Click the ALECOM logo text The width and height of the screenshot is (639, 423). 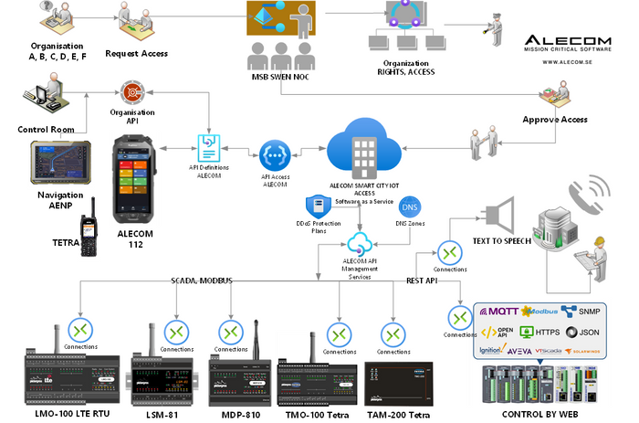[571, 40]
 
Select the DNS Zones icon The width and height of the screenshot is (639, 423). [411, 207]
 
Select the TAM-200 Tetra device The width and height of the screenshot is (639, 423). [394, 384]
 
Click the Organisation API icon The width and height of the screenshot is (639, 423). [132, 93]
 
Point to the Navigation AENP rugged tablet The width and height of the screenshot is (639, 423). [60, 162]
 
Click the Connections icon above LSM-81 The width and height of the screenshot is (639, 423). [175, 331]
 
